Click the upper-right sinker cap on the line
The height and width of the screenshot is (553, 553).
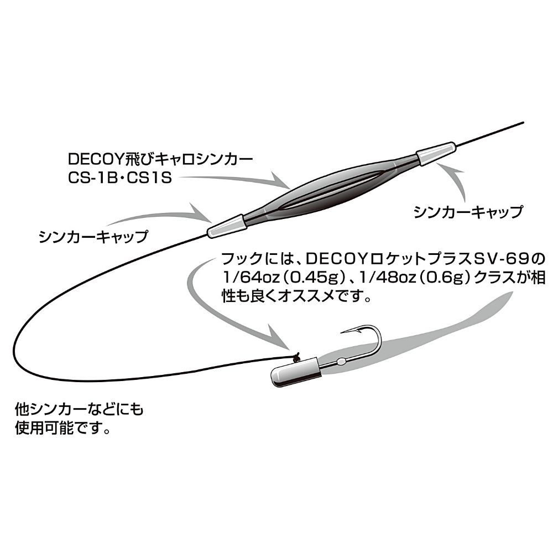436,153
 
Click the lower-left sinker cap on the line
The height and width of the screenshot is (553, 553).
227,226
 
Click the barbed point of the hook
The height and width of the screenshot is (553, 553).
347,332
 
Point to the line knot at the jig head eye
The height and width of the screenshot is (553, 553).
296,357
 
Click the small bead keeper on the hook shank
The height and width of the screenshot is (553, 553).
341,362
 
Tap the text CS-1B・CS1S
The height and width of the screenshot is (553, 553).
120,178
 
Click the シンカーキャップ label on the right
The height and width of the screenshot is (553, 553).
468,212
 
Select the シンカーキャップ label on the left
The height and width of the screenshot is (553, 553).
93,236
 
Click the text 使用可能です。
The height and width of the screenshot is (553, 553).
62,429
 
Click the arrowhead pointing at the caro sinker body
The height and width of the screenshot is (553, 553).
280,181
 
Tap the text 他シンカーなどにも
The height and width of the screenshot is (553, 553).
79,409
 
